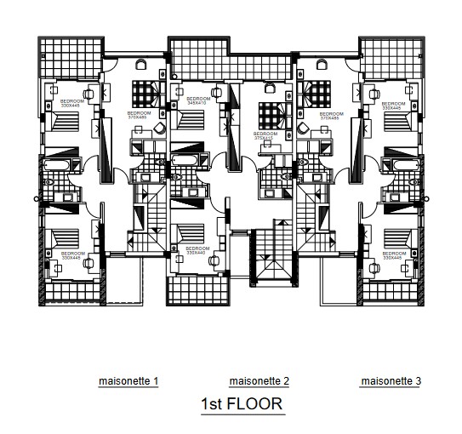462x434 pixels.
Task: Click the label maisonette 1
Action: [x=128, y=381]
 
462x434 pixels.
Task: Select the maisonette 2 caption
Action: [x=260, y=381]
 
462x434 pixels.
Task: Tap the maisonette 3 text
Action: [x=391, y=381]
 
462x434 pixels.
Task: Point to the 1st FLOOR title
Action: [x=242, y=404]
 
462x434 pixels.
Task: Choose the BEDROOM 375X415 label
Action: [x=265, y=136]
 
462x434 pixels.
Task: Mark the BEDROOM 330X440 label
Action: [x=197, y=250]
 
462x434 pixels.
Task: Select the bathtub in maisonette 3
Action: [x=402, y=163]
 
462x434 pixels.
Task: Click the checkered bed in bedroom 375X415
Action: [x=272, y=113]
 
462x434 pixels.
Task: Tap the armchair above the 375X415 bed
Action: [x=271, y=87]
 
